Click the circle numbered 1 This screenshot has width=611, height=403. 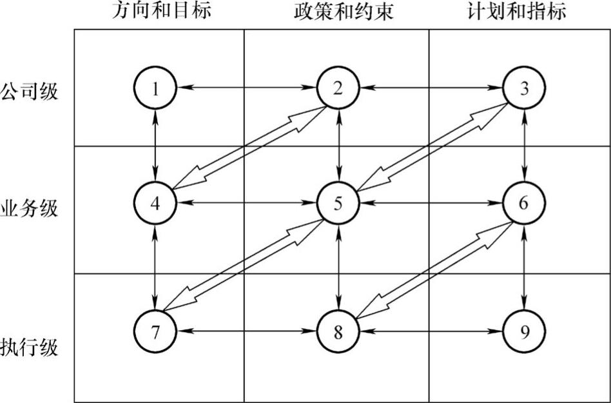point(155,88)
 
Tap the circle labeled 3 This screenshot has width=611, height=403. point(524,88)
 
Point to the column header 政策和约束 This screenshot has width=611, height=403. point(339,12)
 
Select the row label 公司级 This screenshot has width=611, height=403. point(30,91)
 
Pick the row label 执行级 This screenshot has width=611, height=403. point(30,349)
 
